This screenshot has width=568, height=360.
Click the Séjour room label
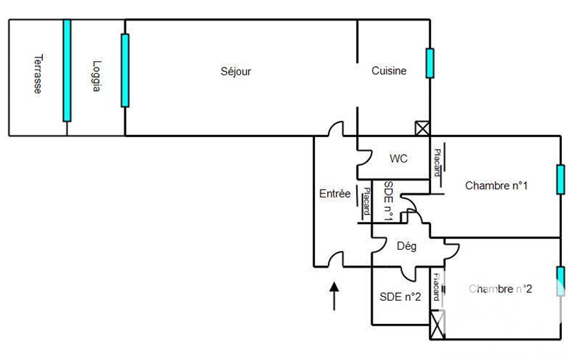pyautogui.click(x=236, y=71)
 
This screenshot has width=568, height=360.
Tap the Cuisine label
pyautogui.click(x=388, y=71)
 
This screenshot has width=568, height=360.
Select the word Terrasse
pyautogui.click(x=38, y=74)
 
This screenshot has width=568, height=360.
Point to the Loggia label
pyautogui.click(x=97, y=76)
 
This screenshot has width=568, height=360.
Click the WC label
pyautogui.click(x=398, y=159)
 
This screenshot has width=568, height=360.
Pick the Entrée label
pyautogui.click(x=335, y=193)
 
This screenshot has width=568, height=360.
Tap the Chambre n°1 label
pyautogui.click(x=496, y=186)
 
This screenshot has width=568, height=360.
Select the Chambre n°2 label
pyautogui.click(x=500, y=289)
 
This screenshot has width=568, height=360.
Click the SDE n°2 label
pyautogui.click(x=400, y=296)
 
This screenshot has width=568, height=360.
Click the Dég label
pyautogui.click(x=407, y=246)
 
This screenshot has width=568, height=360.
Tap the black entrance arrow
pyautogui.click(x=335, y=296)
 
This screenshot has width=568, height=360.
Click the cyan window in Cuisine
pyautogui.click(x=429, y=63)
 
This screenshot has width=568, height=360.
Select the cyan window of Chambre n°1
pyautogui.click(x=561, y=179)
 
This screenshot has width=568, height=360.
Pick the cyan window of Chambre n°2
pyautogui.click(x=561, y=281)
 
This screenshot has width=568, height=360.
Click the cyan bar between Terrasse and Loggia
pyautogui.click(x=66, y=70)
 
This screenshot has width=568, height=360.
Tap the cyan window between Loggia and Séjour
pyautogui.click(x=125, y=70)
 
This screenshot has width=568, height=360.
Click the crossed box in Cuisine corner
pyautogui.click(x=422, y=128)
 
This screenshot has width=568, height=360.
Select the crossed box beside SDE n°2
pyautogui.click(x=438, y=325)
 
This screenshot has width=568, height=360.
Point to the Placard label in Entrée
pyautogui.click(x=366, y=203)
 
